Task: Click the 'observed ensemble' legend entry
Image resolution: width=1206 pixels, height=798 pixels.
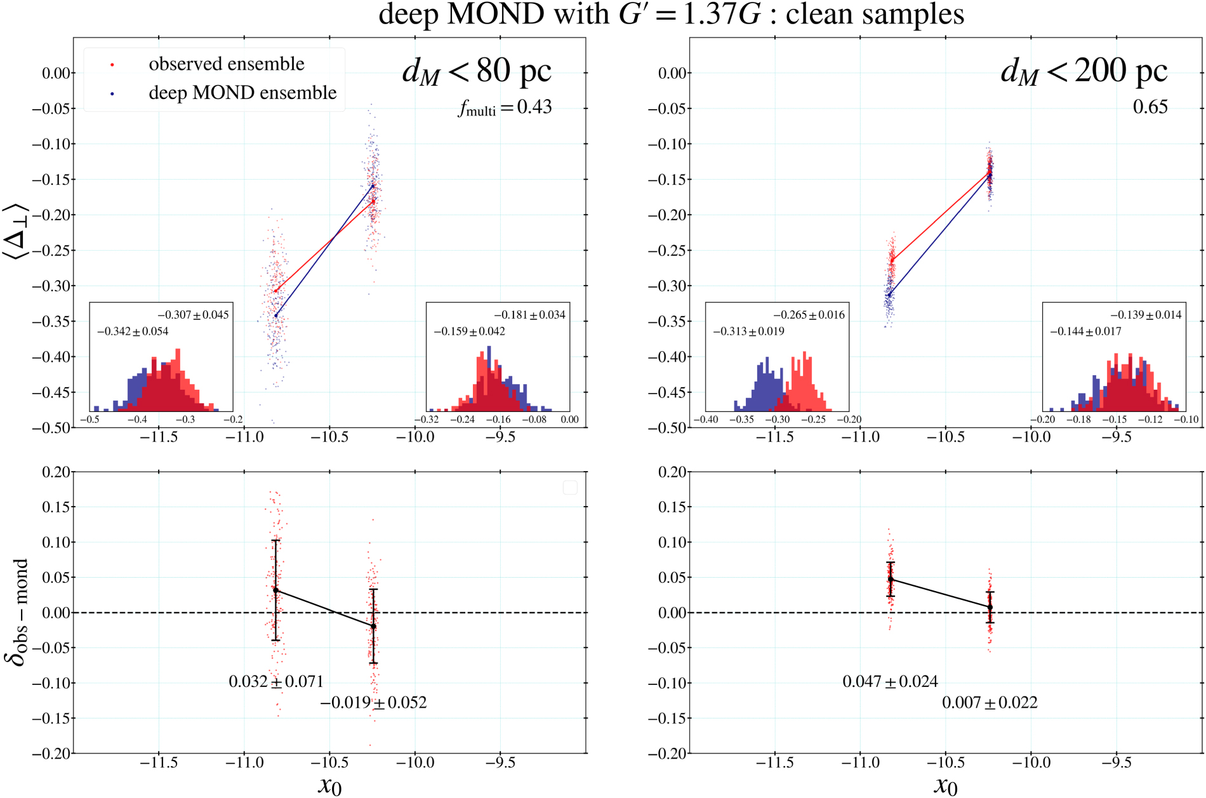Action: tap(226, 64)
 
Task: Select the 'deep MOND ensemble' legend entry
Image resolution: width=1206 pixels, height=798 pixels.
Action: tap(242, 93)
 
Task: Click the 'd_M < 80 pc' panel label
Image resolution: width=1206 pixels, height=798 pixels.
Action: tap(477, 71)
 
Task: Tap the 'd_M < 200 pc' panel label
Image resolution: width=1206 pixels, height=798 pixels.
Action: tap(1083, 71)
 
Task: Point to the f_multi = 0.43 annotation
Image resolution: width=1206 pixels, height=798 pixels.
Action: tap(505, 107)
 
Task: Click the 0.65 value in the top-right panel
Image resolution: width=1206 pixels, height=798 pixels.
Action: tap(1150, 107)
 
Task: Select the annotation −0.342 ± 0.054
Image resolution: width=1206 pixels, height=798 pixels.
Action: tap(133, 331)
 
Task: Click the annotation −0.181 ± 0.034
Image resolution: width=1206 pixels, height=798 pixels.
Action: tap(529, 315)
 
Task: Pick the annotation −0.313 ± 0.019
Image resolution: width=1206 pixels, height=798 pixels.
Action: tap(748, 331)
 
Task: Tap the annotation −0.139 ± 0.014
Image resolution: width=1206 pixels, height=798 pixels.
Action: tap(1146, 315)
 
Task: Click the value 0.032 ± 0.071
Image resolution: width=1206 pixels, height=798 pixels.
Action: tap(276, 682)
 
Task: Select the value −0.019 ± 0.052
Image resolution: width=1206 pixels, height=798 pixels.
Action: tap(373, 703)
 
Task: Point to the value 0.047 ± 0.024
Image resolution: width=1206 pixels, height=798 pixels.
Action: tap(890, 682)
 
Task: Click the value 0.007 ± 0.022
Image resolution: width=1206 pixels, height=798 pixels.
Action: tap(990, 703)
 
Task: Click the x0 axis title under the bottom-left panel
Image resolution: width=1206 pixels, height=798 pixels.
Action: tap(329, 785)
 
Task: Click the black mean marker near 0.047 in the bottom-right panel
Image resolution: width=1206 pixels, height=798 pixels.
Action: tap(891, 579)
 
